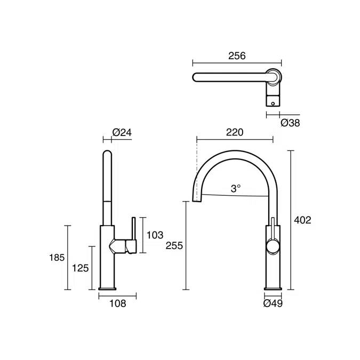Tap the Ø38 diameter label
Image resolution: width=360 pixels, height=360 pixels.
click(x=290, y=123)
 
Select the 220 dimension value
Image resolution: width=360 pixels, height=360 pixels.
click(x=235, y=133)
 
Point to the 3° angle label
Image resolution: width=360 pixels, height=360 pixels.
click(x=236, y=188)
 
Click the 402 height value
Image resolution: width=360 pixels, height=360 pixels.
click(x=302, y=220)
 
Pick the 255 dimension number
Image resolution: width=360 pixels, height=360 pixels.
click(x=174, y=246)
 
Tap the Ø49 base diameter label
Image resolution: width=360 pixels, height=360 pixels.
click(x=273, y=304)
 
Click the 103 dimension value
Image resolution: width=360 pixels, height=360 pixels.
click(x=154, y=235)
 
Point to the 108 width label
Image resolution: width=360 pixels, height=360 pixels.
click(x=117, y=304)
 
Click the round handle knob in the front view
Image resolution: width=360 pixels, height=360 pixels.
click(x=272, y=246)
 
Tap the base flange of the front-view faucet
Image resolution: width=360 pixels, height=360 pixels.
click(x=273, y=291)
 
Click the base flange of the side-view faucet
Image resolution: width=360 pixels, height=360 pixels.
click(x=107, y=291)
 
